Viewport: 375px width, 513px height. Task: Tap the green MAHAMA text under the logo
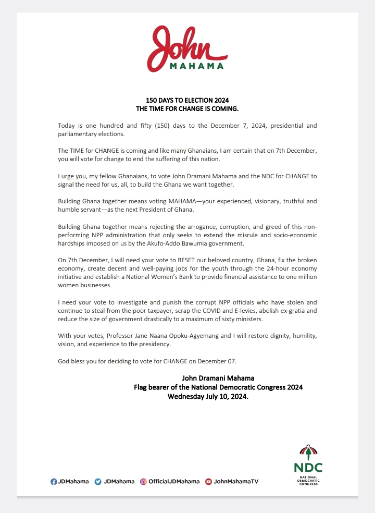(197, 66)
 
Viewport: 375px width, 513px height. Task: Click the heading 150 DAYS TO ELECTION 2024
(186, 100)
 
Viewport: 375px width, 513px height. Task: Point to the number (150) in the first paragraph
(164, 126)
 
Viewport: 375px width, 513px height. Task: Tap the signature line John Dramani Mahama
(218, 378)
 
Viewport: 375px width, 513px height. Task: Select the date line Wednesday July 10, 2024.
(208, 396)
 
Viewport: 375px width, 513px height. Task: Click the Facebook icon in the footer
(54, 481)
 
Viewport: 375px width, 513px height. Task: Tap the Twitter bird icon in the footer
(97, 481)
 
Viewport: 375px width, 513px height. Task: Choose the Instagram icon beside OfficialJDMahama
(143, 481)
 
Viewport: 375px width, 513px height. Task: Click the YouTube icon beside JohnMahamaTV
(208, 481)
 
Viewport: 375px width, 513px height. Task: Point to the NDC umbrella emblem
(307, 451)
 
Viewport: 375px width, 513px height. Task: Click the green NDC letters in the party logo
(308, 467)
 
